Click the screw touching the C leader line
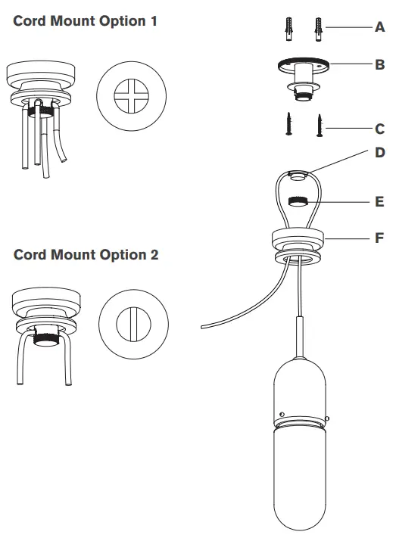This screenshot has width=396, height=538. [320, 124]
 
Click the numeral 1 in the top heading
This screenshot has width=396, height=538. [154, 20]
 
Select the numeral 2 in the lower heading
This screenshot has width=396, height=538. [154, 255]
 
